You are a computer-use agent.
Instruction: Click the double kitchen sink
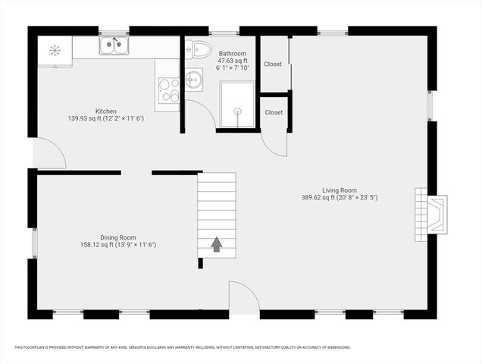(x=114, y=47)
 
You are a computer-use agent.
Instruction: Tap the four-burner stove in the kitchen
(x=168, y=90)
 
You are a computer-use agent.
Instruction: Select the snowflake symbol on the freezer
(x=55, y=50)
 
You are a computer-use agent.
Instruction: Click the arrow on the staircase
(x=217, y=244)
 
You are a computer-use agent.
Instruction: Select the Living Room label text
(x=339, y=190)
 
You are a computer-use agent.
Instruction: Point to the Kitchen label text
(x=105, y=111)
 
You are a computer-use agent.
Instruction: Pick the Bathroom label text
(x=233, y=54)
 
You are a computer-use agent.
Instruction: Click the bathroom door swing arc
(x=199, y=114)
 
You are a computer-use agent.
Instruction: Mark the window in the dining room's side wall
(x=33, y=244)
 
